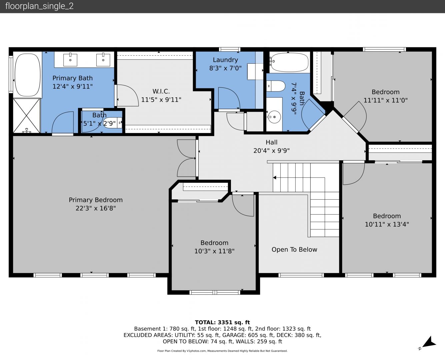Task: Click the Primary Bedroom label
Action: pyautogui.click(x=96, y=200)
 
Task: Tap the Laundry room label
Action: pyautogui.click(x=225, y=60)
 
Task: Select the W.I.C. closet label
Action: pyautogui.click(x=161, y=91)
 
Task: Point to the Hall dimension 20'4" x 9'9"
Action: pyautogui.click(x=271, y=151)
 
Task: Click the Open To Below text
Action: pyautogui.click(x=294, y=249)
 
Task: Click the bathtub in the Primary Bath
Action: pyautogui.click(x=28, y=75)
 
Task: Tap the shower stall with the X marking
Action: pyautogui.click(x=27, y=116)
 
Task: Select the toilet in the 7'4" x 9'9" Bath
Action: pyautogui.click(x=276, y=86)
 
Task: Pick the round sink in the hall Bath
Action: pyautogui.click(x=274, y=117)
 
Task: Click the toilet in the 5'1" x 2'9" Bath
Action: pyautogui.click(x=113, y=123)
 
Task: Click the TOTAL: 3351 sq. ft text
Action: pyautogui.click(x=222, y=322)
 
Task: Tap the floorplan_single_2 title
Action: pyautogui.click(x=39, y=6)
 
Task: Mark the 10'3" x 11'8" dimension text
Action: pyautogui.click(x=214, y=251)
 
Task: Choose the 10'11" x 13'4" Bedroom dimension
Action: pyautogui.click(x=387, y=224)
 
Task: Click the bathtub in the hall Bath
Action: pyautogui.click(x=289, y=62)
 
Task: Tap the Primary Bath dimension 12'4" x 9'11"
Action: pyautogui.click(x=72, y=86)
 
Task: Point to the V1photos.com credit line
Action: pyautogui.click(x=222, y=351)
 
